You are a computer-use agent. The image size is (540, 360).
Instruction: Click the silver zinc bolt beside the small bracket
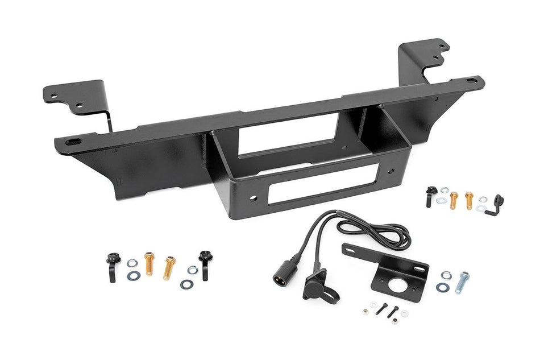click(x=463, y=282)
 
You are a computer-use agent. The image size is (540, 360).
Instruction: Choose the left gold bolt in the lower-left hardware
click(x=149, y=264)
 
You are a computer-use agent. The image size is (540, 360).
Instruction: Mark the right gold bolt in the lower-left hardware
click(x=169, y=267)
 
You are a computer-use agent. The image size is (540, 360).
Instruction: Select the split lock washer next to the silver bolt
click(x=446, y=276)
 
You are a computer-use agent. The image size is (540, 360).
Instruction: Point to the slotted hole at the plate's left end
click(x=73, y=141)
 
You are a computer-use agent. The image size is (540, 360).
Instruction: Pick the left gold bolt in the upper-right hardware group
click(x=454, y=200)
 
